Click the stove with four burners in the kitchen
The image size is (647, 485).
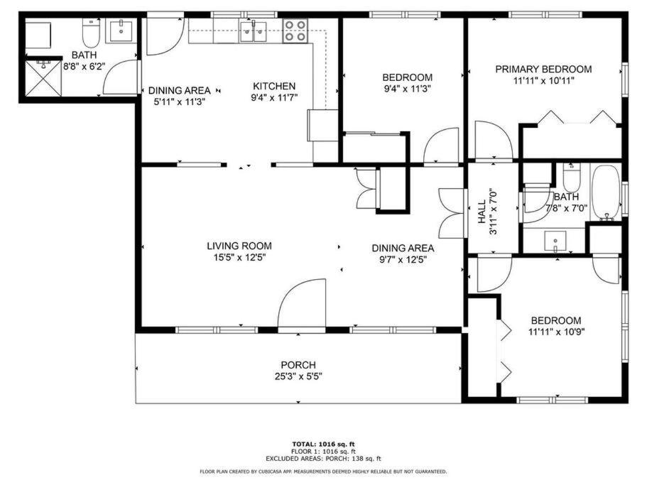pos(295,31)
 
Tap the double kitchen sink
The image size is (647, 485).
pos(254,31)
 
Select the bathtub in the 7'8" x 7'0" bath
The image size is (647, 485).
pos(606,193)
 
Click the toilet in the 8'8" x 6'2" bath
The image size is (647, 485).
pos(91,33)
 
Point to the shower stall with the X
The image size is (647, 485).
pos(44,78)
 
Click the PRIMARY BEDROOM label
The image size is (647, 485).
pos(543,70)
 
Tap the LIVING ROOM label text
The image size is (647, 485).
pos(239,246)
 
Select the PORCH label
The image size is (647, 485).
pos(298,365)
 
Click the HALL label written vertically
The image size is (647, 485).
pos(482,212)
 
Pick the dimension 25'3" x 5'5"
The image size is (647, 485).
pos(298,376)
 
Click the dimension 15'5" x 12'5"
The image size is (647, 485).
pos(239,258)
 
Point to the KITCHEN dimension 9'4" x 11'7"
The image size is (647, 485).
pos(274,98)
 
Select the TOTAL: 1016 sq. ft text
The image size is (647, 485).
pos(324,445)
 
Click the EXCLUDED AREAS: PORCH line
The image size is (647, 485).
pos(324,459)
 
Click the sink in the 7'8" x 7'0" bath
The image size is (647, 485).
pos(555,241)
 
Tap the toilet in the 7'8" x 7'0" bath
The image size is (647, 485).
pos(572,177)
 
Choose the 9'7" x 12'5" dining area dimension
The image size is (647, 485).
pos(403,260)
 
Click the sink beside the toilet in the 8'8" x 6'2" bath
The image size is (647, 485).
pos(121,31)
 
